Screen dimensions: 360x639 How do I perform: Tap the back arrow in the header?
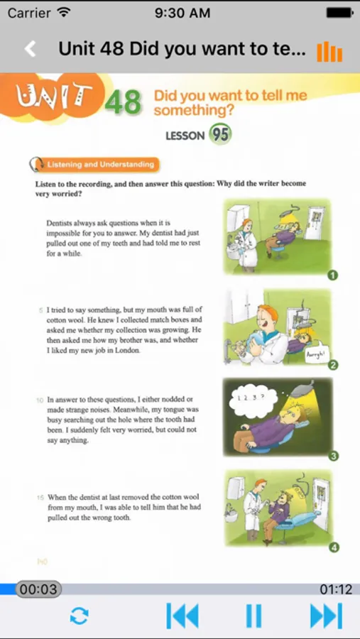pos(30,49)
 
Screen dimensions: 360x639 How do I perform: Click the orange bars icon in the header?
pos(329,51)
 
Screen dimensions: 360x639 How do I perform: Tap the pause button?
pos(253,616)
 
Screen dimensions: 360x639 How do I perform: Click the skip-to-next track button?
pos(326,616)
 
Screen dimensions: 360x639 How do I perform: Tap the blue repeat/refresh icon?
pos(79,616)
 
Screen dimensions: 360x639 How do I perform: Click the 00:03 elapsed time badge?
pos(38,589)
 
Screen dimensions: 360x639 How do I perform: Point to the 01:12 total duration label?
pos(336,589)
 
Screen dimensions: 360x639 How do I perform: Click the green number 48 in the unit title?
pos(123,102)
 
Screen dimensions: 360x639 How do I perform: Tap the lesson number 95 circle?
pos(220,134)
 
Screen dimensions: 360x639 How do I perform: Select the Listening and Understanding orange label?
pos(100,165)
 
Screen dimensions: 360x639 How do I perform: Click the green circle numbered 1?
pos(333,276)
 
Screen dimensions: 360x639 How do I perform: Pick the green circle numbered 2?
pos(333,365)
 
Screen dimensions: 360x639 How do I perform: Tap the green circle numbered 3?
pos(333,456)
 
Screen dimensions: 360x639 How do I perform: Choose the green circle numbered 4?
pos(334,547)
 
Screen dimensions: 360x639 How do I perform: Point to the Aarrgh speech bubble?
pos(317,356)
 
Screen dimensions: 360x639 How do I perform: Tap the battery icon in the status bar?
pos(339,13)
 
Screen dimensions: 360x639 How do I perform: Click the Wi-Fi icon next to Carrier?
pos(63,12)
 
